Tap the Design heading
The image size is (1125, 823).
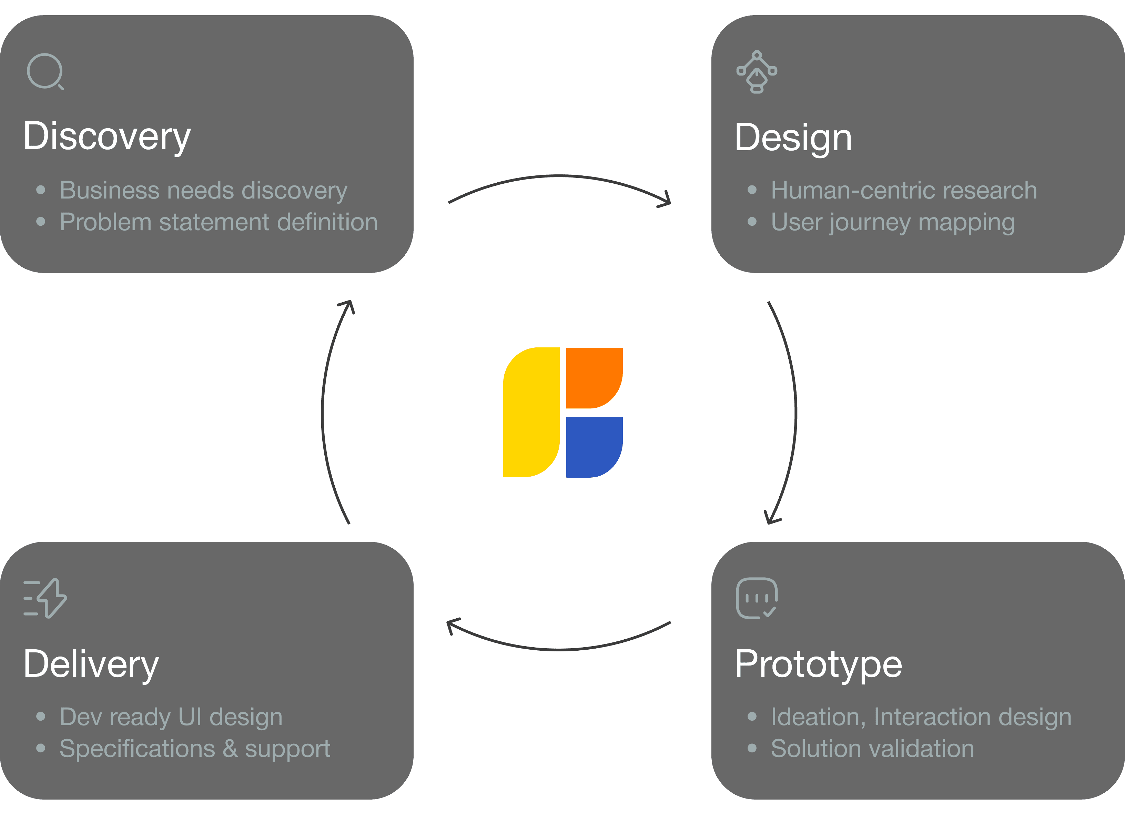pyautogui.click(x=793, y=138)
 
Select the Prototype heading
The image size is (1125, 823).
pyautogui.click(x=818, y=664)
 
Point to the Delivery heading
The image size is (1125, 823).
pyautogui.click(x=91, y=664)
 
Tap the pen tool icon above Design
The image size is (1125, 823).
pyautogui.click(x=756, y=72)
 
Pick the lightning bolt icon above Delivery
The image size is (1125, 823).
pyautogui.click(x=45, y=598)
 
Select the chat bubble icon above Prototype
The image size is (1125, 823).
pyautogui.click(x=756, y=598)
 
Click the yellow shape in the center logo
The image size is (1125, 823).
pyautogui.click(x=530, y=413)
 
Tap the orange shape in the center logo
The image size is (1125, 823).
pyautogui.click(x=593, y=377)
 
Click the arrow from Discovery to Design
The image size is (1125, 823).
pyautogui.click(x=559, y=176)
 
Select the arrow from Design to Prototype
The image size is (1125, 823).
pyautogui.click(x=794, y=413)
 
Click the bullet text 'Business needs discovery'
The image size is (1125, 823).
pyautogui.click(x=203, y=190)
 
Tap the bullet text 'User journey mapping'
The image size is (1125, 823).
pyautogui.click(x=892, y=222)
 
